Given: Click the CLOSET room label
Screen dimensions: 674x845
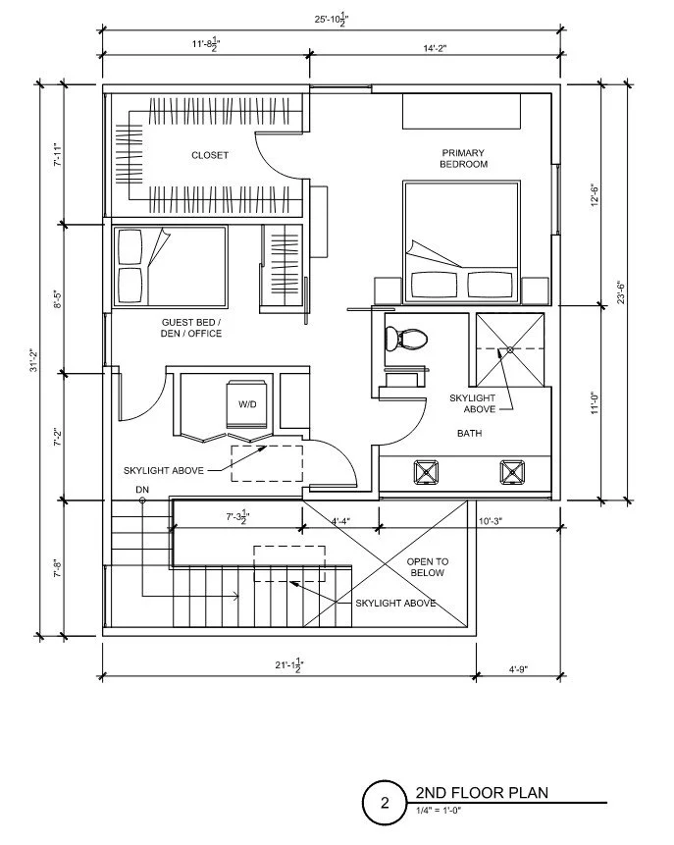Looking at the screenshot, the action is tap(209, 155).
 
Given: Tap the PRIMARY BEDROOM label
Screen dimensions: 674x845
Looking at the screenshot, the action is tap(463, 158).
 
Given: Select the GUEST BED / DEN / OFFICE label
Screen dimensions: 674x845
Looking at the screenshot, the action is tap(190, 328).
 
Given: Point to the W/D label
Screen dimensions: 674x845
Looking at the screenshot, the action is tap(246, 403).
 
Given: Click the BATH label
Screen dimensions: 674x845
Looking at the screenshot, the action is tap(469, 433).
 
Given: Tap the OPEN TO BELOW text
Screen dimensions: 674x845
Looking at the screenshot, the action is tap(426, 566).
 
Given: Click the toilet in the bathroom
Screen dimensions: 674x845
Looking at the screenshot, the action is tap(403, 339).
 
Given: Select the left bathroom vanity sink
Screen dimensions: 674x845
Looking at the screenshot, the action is tap(425, 471).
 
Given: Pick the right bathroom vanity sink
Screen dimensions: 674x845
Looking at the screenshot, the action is tap(511, 471).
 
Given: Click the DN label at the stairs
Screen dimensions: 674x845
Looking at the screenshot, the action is tap(143, 489).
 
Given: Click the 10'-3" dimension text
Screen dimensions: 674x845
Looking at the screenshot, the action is tap(492, 520).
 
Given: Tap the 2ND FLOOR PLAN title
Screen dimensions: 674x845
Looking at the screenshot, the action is tap(481, 792).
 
